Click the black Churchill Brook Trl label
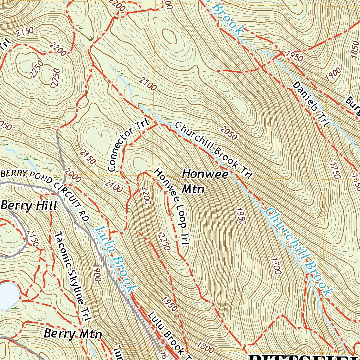[x=214, y=150]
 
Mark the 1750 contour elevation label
[x=335, y=170]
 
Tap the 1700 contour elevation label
[x=276, y=266]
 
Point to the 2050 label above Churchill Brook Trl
[x=229, y=132]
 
